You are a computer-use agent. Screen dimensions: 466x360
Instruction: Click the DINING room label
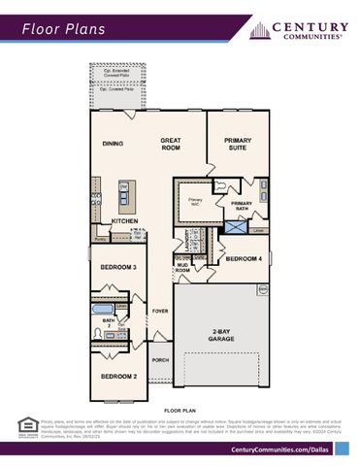(x=114, y=144)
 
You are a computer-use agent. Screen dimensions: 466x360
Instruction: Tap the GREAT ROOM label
(x=171, y=144)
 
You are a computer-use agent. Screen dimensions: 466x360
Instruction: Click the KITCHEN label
(x=124, y=220)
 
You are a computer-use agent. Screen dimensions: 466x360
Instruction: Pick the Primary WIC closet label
(x=195, y=202)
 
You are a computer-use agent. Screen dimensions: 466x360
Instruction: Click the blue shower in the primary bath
(x=236, y=225)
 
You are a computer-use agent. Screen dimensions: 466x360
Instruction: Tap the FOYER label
(x=160, y=311)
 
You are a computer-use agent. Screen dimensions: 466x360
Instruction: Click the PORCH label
(x=160, y=359)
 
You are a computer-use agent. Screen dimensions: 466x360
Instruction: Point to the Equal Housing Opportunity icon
(x=28, y=425)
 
